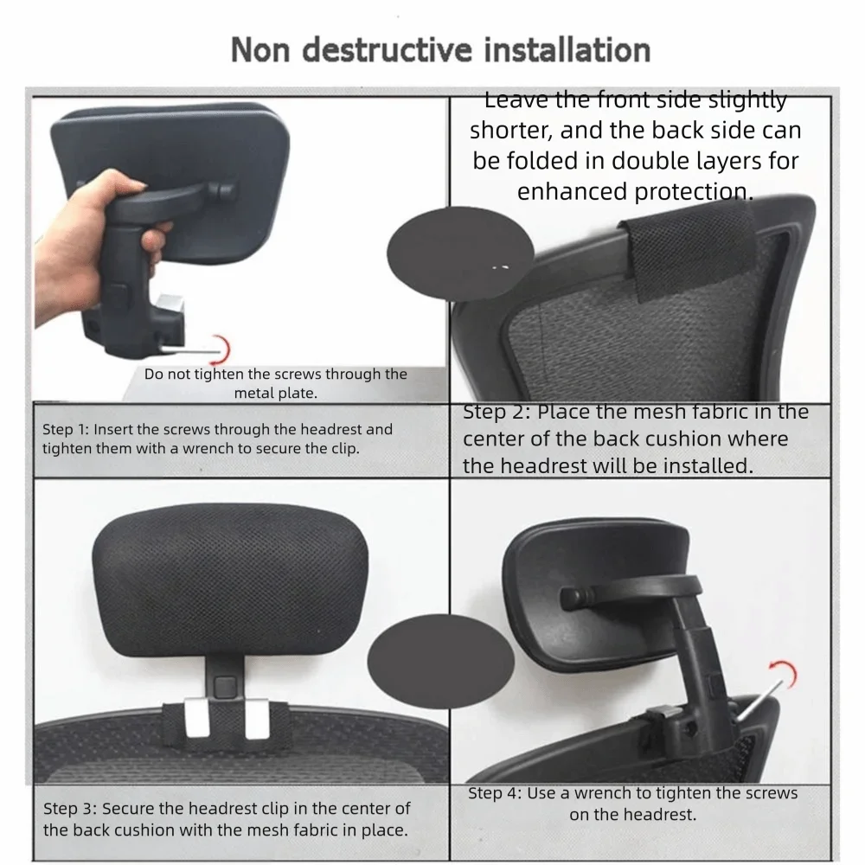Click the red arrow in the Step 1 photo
click(x=222, y=349)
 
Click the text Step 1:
click(x=66, y=429)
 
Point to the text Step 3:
click(x=68, y=810)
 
